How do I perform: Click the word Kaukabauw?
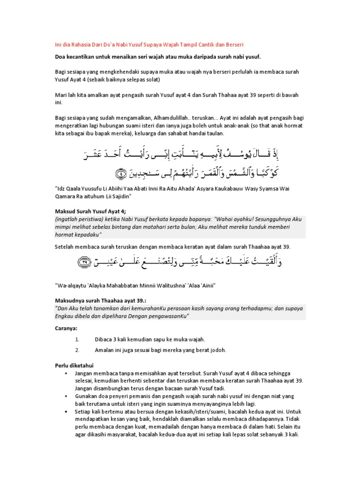(237, 190)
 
